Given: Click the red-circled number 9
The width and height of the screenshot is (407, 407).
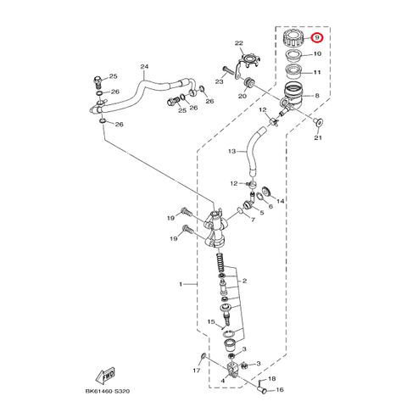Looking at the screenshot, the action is tap(317, 38).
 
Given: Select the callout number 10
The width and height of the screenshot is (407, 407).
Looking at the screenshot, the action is tap(317, 53).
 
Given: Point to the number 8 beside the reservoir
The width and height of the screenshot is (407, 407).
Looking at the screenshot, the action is tap(317, 96).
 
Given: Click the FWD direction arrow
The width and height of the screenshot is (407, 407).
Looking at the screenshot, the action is tap(106, 375).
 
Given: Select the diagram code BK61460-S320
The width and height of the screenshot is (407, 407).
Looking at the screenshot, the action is tap(108, 391).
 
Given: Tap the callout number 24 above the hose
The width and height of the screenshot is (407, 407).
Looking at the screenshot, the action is tap(144, 67).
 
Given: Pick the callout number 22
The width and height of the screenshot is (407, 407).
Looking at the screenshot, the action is tap(239, 43).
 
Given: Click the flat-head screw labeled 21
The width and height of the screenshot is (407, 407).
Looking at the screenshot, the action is tap(318, 122).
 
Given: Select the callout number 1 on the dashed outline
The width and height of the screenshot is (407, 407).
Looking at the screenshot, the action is tap(181, 284).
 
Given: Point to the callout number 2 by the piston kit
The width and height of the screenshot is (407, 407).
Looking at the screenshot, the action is tap(244, 281).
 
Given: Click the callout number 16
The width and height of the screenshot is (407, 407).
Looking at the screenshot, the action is tap(280, 390).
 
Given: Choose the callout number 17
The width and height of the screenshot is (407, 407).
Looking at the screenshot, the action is tap(197, 371).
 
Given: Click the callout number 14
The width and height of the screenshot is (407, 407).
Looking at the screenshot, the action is tap(280, 201).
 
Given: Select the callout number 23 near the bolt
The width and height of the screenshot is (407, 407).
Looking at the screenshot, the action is tap(220, 81).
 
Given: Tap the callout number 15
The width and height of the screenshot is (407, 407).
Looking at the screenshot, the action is tap(211, 321).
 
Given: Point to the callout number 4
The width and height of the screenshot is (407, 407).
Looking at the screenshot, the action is tap(223, 381).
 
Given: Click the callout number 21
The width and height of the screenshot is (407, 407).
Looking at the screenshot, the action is tap(318, 137).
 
